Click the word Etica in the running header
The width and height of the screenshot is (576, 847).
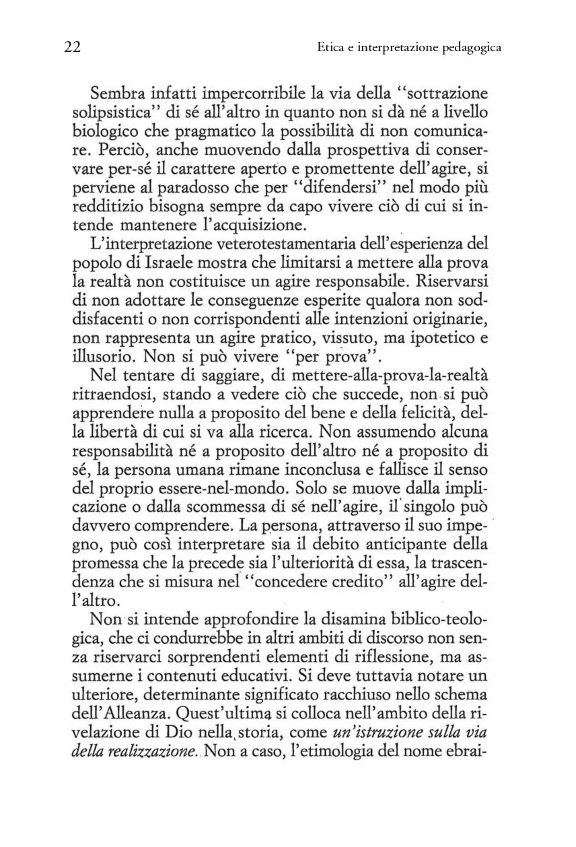point(329,48)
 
